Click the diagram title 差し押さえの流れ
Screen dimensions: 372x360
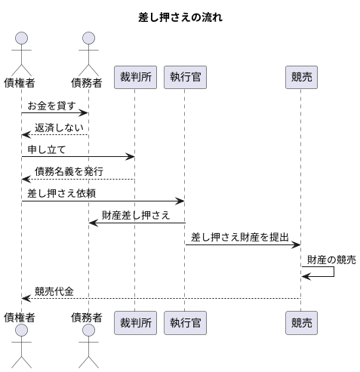pos(180,17)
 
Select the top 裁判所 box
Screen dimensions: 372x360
pos(134,77)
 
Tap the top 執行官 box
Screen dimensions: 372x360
pos(185,77)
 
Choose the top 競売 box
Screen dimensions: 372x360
pos(301,77)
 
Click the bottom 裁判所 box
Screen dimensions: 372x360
pos(134,323)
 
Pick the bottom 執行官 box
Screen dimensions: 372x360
pos(185,323)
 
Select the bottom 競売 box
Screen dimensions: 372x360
pos(301,323)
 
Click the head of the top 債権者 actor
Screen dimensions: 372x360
pos(21,38)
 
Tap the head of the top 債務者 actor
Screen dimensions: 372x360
pos(89,38)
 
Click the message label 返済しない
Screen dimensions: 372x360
pos(59,128)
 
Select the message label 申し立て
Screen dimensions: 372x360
pos(47,149)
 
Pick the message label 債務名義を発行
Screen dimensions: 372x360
pos(69,171)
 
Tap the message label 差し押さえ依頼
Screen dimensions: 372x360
pos(62,193)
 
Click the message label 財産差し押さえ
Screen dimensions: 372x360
pos(136,215)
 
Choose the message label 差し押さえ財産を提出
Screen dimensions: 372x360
pos(240,237)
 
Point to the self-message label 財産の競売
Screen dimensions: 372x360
pos(331,260)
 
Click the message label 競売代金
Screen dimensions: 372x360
pos(54,291)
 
